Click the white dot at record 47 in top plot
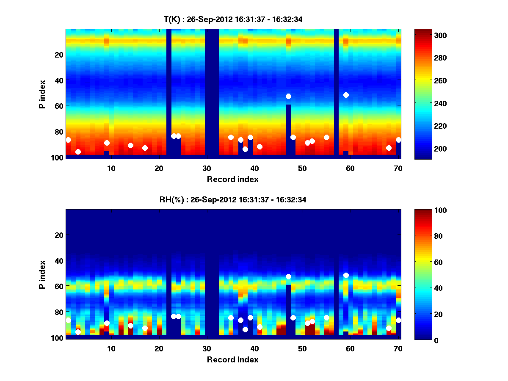pos(288,97)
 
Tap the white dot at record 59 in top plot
pos(346,95)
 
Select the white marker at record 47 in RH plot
pos(288,276)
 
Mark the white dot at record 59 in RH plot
pos(346,275)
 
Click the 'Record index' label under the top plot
pos(233,179)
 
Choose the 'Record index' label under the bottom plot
pos(233,359)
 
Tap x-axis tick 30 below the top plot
pos(207,168)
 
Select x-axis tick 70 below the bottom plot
pos(398,348)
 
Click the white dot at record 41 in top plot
pos(260,147)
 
